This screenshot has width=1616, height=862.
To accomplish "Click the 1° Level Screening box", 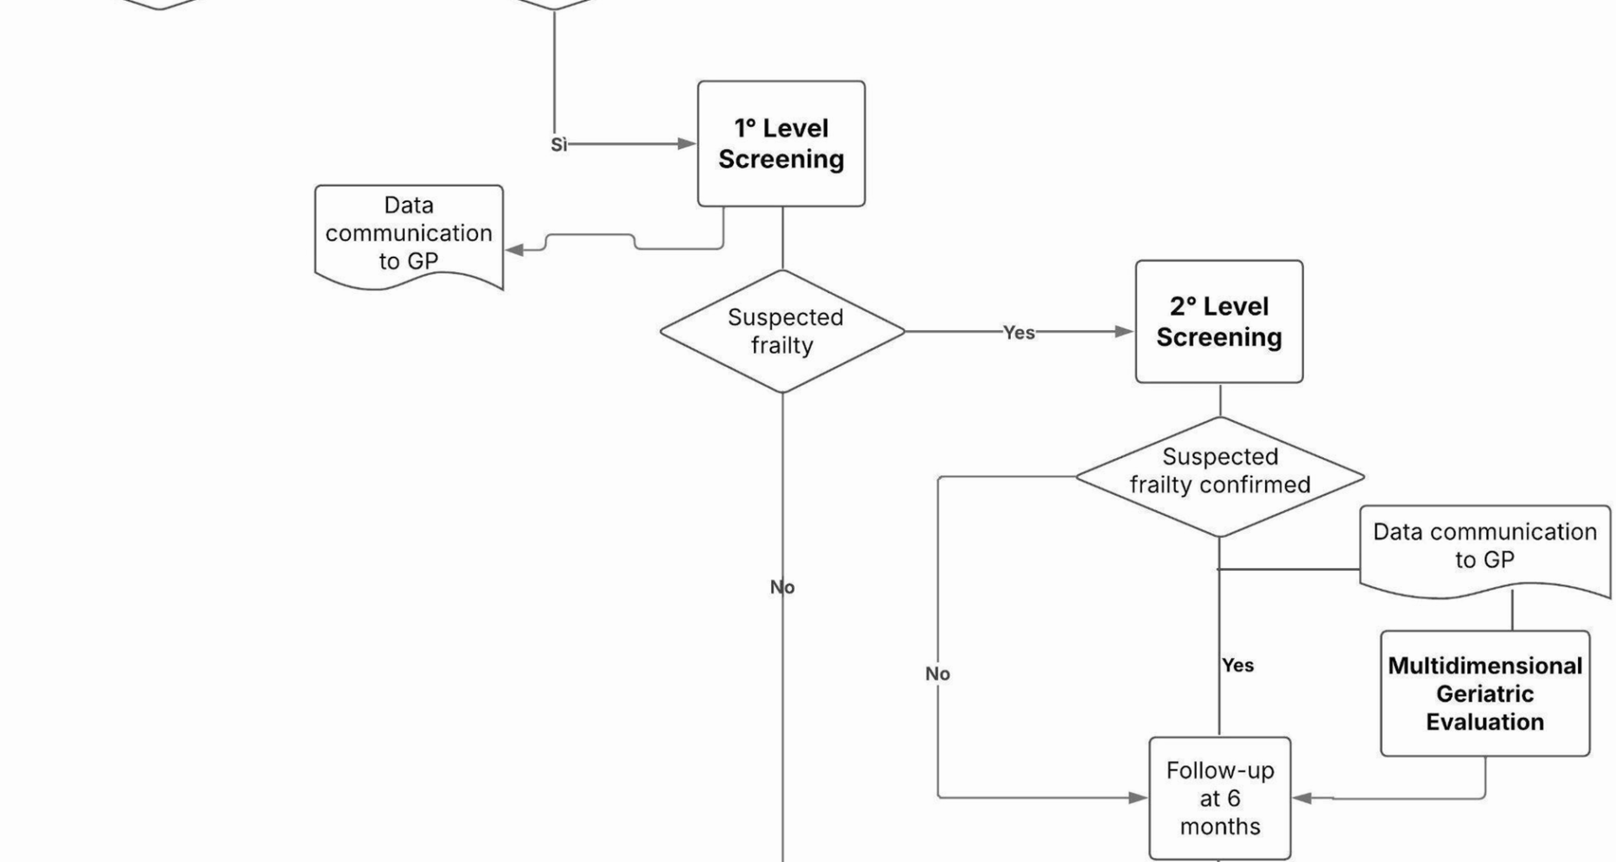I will pyautogui.click(x=781, y=144).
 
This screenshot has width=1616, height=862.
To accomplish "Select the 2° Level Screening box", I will pyautogui.click(x=1219, y=322).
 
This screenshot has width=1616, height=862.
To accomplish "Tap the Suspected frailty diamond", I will pyautogui.click(x=783, y=331).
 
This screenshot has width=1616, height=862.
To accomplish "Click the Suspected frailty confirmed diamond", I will pyautogui.click(x=1220, y=476).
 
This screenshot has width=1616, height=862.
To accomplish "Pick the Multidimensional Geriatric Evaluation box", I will pyautogui.click(x=1485, y=694).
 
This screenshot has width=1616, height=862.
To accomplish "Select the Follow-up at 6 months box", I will pyautogui.click(x=1220, y=798).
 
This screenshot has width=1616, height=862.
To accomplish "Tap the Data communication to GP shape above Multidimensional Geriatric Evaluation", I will pyautogui.click(x=1485, y=547).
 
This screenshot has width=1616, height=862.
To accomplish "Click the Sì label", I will pyautogui.click(x=559, y=145).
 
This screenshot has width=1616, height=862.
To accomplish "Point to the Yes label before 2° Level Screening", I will pyautogui.click(x=1018, y=333).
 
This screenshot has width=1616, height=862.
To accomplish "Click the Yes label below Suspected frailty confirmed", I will pyautogui.click(x=1238, y=665).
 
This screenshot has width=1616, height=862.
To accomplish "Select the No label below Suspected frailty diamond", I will pyautogui.click(x=783, y=587).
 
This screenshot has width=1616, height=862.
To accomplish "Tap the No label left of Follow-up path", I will pyautogui.click(x=938, y=673).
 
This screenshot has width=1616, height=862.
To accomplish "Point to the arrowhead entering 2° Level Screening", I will pyautogui.click(x=1124, y=332).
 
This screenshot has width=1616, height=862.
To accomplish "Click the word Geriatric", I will pyautogui.click(x=1485, y=694).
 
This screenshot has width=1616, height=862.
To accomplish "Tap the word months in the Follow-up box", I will pyautogui.click(x=1220, y=827).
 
